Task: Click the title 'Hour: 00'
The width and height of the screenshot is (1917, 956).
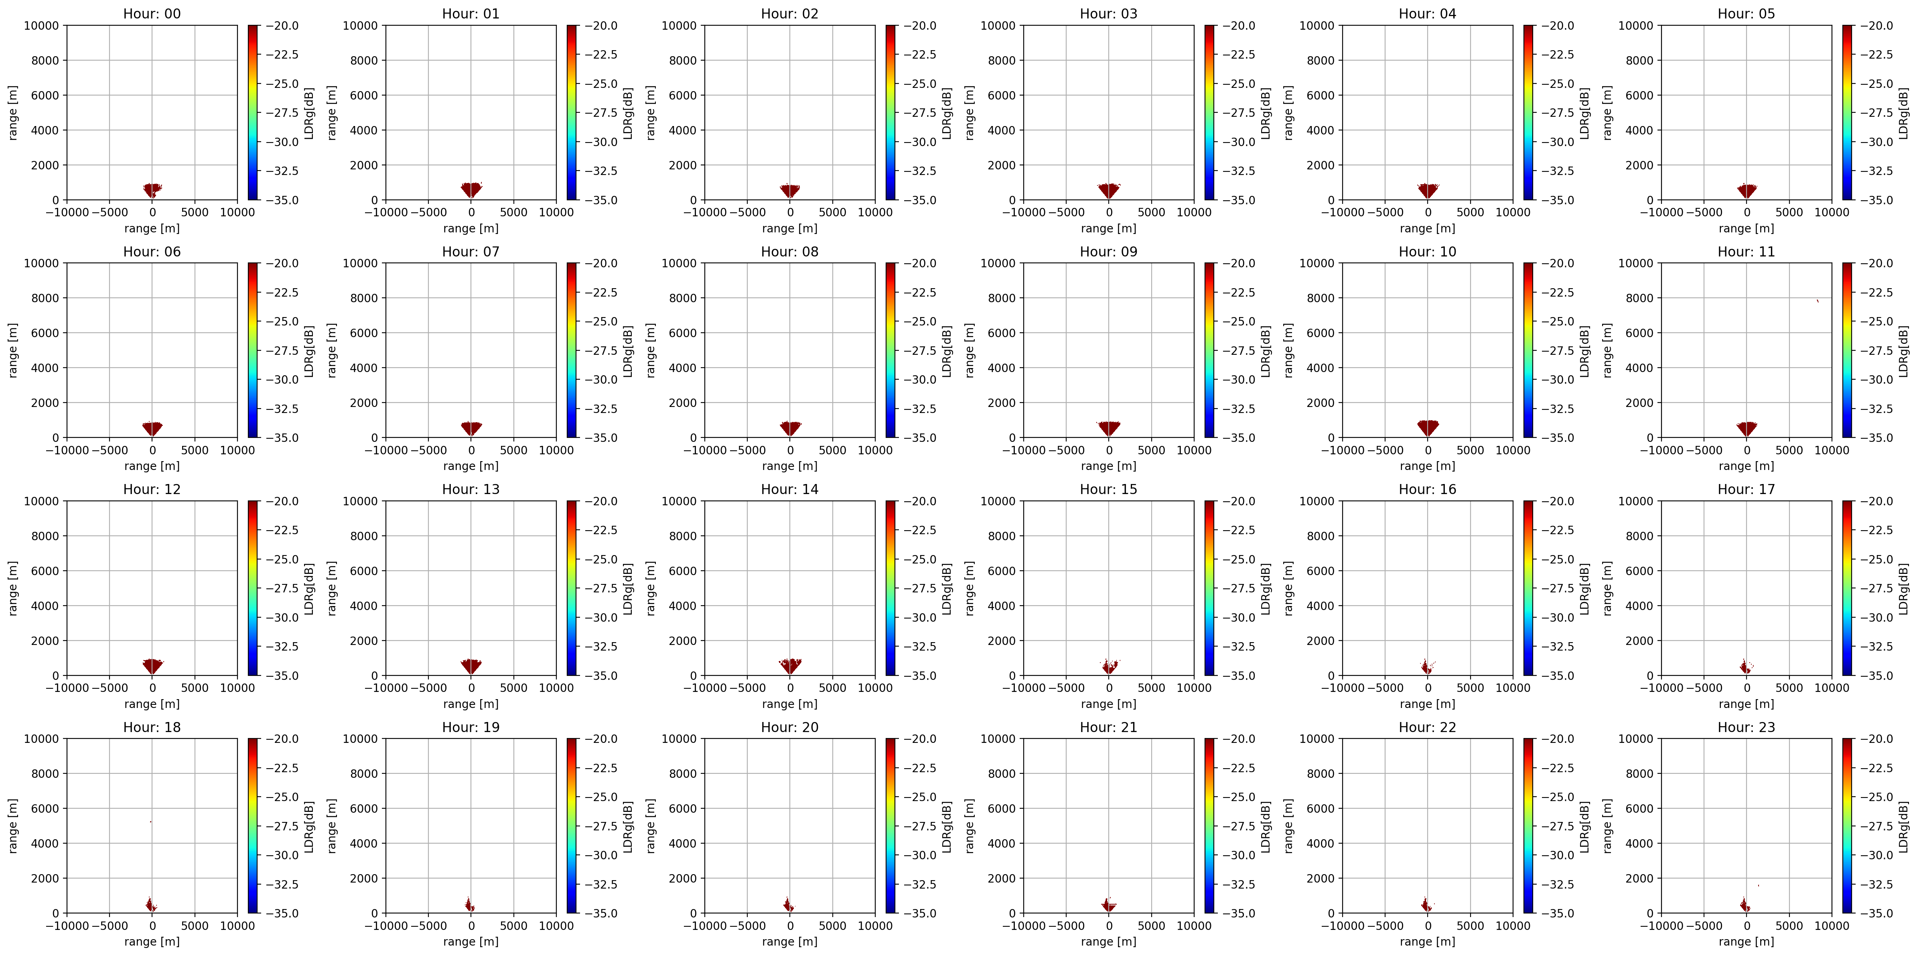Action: tap(152, 13)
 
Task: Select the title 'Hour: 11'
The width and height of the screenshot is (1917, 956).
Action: tap(1746, 252)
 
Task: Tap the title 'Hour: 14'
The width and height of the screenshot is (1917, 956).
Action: tap(789, 489)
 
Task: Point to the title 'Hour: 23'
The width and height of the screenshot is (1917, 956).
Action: tap(1746, 727)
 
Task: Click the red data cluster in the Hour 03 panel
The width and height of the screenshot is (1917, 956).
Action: tap(1109, 191)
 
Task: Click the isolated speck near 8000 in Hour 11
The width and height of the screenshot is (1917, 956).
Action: tap(1817, 301)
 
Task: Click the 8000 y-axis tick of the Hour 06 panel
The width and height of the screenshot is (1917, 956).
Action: tap(45, 298)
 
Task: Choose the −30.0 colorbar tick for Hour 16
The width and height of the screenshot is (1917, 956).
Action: tap(1558, 617)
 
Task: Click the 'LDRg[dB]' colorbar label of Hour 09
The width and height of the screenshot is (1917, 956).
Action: tap(1265, 351)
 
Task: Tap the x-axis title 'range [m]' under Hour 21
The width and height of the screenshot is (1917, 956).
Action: tap(1108, 941)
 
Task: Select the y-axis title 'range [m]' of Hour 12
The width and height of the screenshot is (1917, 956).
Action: tap(13, 588)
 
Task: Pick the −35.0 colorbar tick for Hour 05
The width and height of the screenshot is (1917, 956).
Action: tap(1877, 199)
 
